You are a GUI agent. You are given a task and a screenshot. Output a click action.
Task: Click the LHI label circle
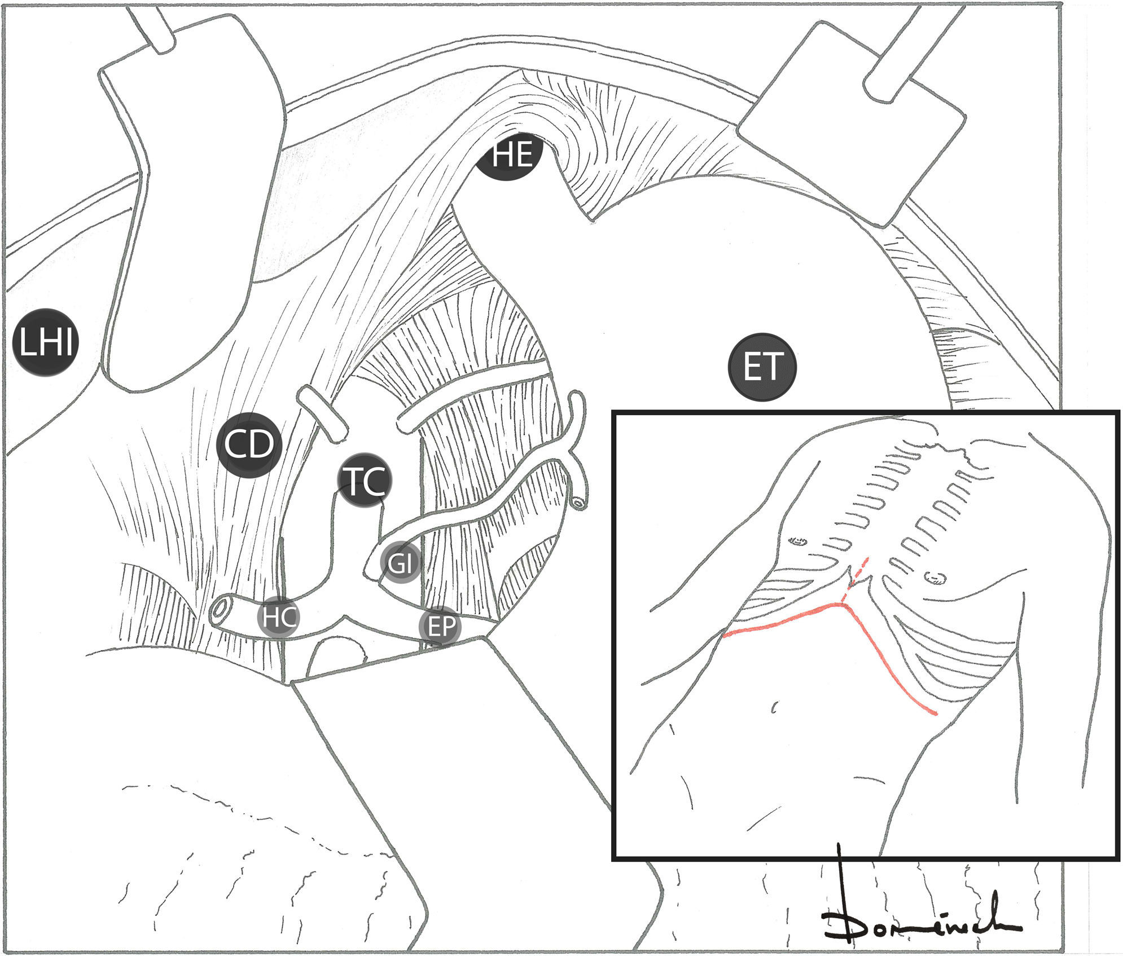coord(45,342)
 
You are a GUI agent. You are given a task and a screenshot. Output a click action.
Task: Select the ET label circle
coord(762,367)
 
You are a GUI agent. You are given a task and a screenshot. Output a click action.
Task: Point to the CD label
coord(249,445)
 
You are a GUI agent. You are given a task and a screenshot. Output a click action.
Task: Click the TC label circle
coord(365,481)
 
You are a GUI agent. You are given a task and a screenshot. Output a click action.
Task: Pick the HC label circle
coord(278,617)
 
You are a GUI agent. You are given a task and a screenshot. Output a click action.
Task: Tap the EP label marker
coord(440,626)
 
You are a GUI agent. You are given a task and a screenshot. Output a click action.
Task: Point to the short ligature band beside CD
coord(323,413)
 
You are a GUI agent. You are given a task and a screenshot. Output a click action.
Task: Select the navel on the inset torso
coord(774,707)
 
